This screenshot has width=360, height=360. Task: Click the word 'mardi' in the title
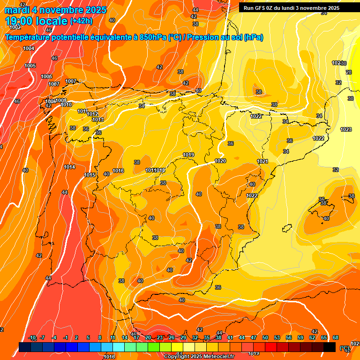click(x=17, y=10)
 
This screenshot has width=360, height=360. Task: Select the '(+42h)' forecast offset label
click(x=81, y=21)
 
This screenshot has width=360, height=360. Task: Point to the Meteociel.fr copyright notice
click(x=199, y=357)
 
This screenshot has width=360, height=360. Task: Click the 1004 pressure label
click(x=29, y=48)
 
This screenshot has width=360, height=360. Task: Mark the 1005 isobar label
click(x=30, y=66)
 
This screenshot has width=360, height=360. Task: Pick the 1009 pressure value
click(x=61, y=100)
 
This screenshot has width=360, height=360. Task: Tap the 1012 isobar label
click(x=92, y=114)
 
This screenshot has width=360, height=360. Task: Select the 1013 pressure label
click(x=97, y=120)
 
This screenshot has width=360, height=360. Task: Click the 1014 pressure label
click(x=69, y=167)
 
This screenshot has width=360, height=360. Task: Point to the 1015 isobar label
click(x=90, y=175)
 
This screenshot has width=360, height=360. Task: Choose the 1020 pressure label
click(x=220, y=161)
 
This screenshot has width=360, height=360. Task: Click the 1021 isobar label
click(x=262, y=161)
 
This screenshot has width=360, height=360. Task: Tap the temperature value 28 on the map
click(x=349, y=72)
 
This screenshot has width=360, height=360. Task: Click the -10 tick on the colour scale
click(x=32, y=337)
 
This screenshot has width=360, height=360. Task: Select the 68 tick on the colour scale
click(x=336, y=337)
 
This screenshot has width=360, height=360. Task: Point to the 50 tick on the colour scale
click(x=265, y=337)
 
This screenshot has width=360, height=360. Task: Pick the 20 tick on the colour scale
click(x=148, y=337)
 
